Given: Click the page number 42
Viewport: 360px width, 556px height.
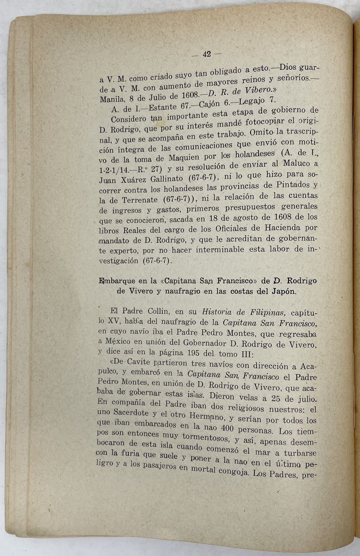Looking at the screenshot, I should coord(207,54).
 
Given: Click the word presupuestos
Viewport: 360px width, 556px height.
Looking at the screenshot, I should coord(250,207).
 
